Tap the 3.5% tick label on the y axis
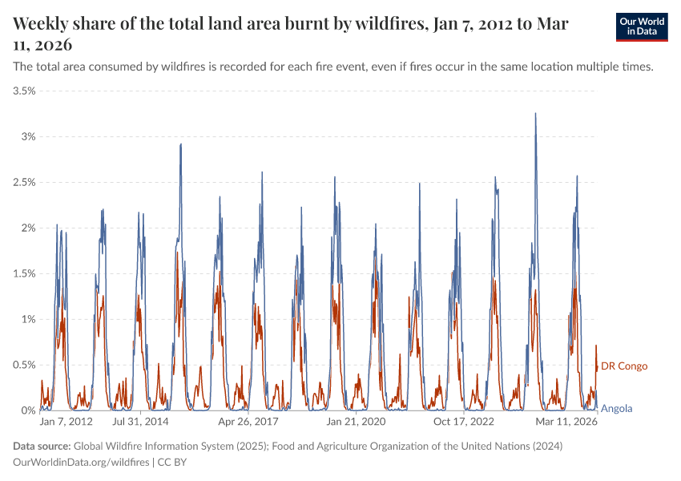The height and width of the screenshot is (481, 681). pyautogui.click(x=24, y=91)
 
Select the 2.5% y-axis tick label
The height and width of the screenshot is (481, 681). pyautogui.click(x=24, y=183)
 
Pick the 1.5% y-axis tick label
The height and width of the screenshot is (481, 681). pyautogui.click(x=24, y=274)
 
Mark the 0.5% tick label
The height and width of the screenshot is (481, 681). pyautogui.click(x=24, y=366)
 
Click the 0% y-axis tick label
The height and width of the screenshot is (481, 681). pyautogui.click(x=28, y=410)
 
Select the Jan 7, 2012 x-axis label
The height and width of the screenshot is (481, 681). pyautogui.click(x=66, y=421)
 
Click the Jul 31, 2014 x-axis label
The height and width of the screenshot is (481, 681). pyautogui.click(x=140, y=421)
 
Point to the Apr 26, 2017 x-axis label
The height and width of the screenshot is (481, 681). pyautogui.click(x=248, y=421)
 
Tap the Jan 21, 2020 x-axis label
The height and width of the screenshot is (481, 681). pyautogui.click(x=357, y=421)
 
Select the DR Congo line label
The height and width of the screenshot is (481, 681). pyautogui.click(x=624, y=366)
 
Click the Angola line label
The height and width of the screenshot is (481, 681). pyautogui.click(x=617, y=408)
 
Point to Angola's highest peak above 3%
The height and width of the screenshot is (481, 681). pyautogui.click(x=535, y=114)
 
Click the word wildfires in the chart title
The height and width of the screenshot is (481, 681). pyautogui.click(x=382, y=24)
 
